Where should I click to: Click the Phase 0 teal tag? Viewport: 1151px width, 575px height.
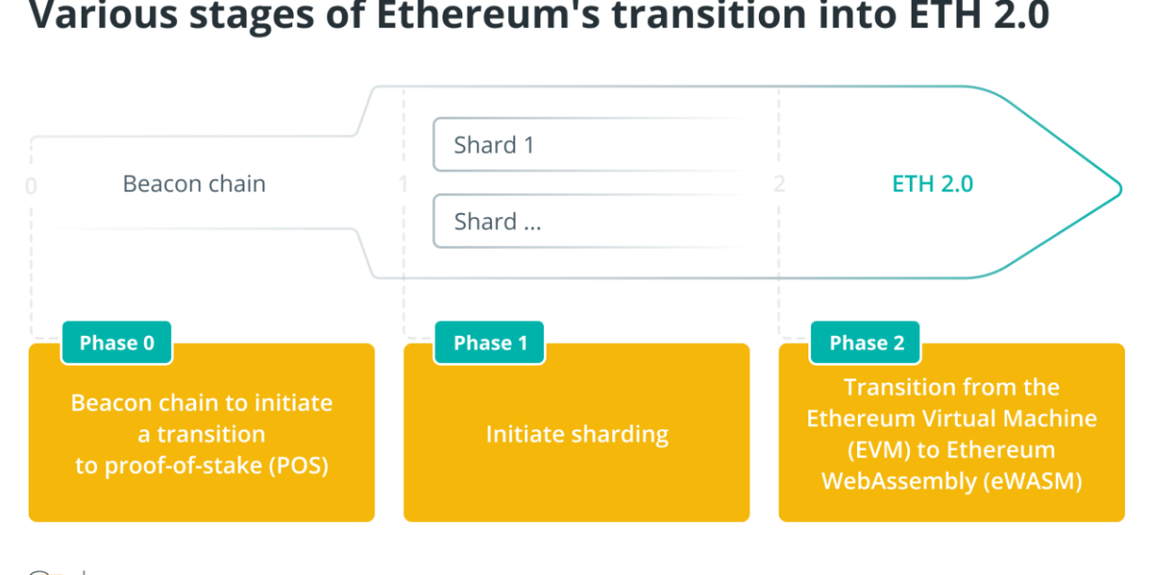tap(117, 342)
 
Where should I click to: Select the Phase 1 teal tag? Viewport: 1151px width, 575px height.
tap(489, 342)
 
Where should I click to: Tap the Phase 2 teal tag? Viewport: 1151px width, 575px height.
tap(866, 342)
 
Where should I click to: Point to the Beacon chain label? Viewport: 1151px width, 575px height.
tap(194, 184)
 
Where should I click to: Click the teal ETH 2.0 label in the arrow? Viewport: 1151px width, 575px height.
tap(932, 184)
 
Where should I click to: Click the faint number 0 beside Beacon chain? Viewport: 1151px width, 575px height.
tap(31, 187)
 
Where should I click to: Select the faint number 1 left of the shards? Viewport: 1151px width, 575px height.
tap(403, 184)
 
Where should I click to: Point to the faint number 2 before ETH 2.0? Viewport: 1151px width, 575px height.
tap(780, 184)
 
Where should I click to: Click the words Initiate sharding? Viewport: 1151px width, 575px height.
tap(577, 435)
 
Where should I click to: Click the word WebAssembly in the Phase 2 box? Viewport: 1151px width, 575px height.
tap(899, 481)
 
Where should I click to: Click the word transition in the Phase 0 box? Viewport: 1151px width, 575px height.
tap(211, 435)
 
